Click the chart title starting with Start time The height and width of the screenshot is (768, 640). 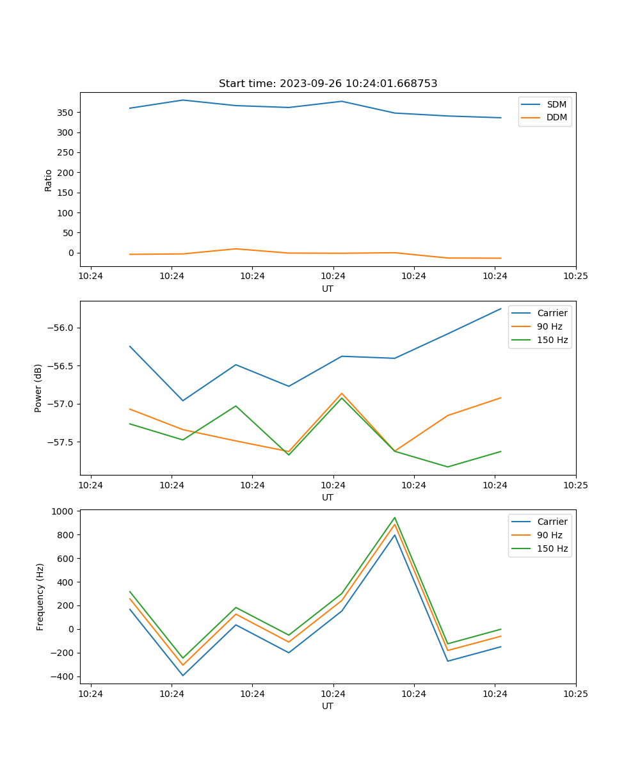328,84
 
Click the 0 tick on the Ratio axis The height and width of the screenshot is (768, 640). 71,253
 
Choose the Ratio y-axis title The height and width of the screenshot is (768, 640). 49,180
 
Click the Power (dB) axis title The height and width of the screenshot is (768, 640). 38,388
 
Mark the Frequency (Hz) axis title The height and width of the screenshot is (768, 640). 40,596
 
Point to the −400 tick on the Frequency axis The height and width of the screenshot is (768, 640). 62,676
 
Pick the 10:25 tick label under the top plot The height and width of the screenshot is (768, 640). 575,276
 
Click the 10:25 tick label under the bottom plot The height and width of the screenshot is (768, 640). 575,694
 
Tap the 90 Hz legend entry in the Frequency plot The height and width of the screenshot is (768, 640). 549,535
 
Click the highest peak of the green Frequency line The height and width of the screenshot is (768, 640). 395,518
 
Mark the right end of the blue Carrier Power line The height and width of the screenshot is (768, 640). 500,309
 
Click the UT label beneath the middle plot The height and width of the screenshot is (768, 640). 328,497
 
